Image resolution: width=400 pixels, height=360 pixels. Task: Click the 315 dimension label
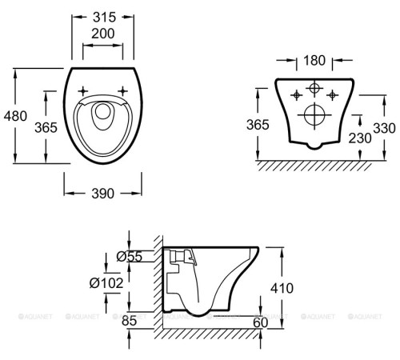104,18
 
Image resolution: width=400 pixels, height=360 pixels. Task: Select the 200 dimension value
103,34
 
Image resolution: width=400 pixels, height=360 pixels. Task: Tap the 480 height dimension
15,116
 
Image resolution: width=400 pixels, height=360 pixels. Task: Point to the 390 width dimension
103,194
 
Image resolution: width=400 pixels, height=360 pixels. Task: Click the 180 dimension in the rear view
314,61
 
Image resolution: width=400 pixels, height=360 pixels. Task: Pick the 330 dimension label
384,128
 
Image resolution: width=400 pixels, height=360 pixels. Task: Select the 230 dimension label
360,138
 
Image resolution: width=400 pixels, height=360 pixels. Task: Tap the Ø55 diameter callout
130,257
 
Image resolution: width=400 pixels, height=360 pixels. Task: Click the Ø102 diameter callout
106,283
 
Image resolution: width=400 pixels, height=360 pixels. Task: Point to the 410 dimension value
282,288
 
